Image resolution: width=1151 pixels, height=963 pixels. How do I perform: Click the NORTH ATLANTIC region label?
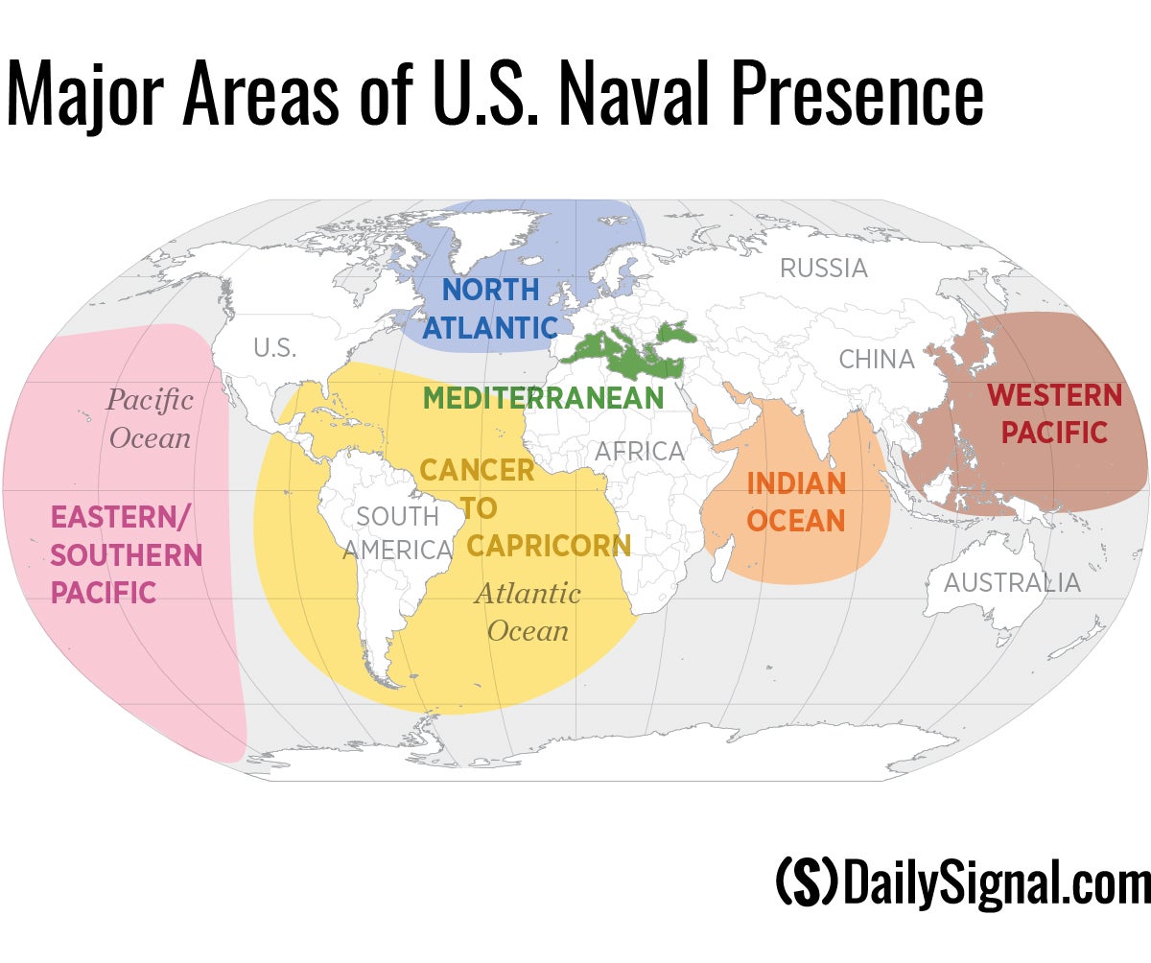pyautogui.click(x=490, y=308)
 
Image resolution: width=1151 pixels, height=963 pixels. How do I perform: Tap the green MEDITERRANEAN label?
pyautogui.click(x=543, y=398)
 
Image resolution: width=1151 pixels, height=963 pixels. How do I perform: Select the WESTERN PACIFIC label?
pyautogui.click(x=1054, y=413)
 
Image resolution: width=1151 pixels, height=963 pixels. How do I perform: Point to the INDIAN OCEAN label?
pyautogui.click(x=796, y=502)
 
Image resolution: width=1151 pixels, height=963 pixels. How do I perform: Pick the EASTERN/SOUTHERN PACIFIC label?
pyautogui.click(x=125, y=554)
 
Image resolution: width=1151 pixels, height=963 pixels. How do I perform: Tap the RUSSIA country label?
pyautogui.click(x=823, y=269)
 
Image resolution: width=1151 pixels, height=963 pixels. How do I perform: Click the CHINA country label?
pyautogui.click(x=876, y=360)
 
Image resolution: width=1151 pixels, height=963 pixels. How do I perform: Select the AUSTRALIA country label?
pyautogui.click(x=1011, y=582)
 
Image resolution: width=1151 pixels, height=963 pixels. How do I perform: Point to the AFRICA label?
pyautogui.click(x=640, y=451)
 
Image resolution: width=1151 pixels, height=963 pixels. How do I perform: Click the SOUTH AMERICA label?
pyautogui.click(x=397, y=533)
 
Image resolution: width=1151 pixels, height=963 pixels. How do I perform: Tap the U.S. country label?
pyautogui.click(x=274, y=348)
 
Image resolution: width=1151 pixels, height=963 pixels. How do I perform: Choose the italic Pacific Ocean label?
pyautogui.click(x=150, y=419)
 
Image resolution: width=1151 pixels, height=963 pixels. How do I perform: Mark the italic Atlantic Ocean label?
pyautogui.click(x=528, y=612)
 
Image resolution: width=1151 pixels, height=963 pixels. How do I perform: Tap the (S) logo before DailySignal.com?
pyautogui.click(x=806, y=881)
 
